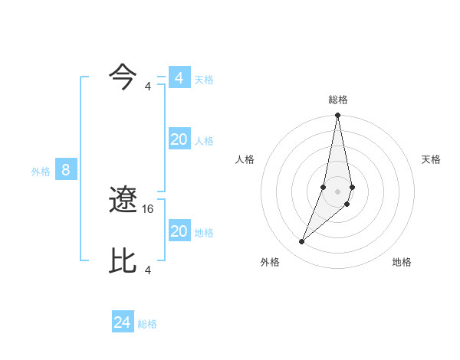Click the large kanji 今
point(123,77)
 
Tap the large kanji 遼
point(123,201)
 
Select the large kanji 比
point(123,260)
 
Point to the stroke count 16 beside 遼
point(149,208)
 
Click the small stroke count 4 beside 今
point(148,86)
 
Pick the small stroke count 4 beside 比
point(148,270)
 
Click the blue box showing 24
point(123,322)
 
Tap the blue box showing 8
point(66,170)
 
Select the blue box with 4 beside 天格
point(179,78)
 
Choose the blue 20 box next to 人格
point(179,139)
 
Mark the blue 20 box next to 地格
point(179,231)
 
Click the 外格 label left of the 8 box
point(41,172)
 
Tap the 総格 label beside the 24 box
point(147,324)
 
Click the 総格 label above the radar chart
point(337,100)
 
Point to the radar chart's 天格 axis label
point(431,159)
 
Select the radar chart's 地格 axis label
point(402,262)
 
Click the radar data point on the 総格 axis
point(337,116)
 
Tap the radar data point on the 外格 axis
point(301,242)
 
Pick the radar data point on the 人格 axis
point(324,186)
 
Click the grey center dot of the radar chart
point(337,191)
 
